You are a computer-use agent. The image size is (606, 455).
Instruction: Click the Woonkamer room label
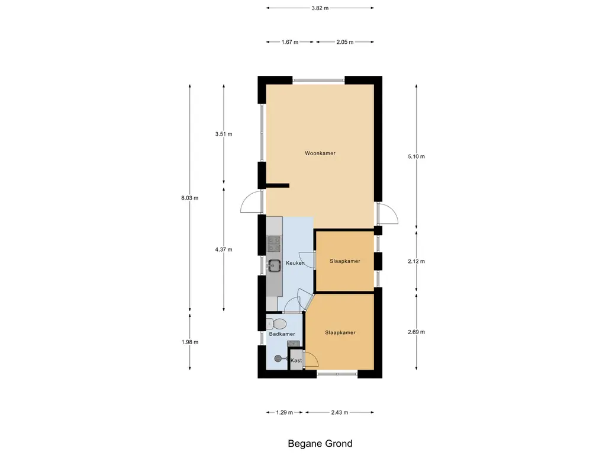point(320,153)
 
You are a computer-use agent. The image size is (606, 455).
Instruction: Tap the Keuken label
point(295,263)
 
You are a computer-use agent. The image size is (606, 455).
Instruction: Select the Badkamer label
point(282,334)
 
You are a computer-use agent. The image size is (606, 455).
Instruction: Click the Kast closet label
point(296,360)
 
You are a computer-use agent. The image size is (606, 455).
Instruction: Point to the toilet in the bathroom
point(276,323)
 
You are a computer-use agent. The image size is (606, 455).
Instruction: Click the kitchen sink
point(275,265)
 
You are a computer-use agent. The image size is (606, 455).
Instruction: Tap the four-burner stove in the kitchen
point(274,244)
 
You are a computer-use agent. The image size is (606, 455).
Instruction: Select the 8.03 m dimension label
point(190,198)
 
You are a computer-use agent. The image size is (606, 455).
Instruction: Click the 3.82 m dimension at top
point(320,8)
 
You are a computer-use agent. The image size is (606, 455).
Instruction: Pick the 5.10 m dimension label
point(416,156)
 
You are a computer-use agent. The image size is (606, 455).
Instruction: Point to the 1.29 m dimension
point(285,412)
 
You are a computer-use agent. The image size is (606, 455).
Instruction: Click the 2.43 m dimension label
point(339,412)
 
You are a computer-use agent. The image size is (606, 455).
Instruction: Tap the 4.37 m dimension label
point(224,249)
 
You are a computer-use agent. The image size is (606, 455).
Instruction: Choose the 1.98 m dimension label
point(190,342)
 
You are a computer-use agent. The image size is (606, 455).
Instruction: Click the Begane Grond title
point(320,443)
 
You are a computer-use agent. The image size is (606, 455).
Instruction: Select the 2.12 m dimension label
point(416,261)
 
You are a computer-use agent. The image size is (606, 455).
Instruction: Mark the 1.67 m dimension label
point(290,42)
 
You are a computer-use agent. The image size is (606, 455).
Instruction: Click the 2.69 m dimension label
point(416,332)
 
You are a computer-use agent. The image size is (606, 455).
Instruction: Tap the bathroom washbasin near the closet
point(294,344)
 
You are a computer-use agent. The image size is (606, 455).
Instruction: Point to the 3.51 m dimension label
point(224,134)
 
